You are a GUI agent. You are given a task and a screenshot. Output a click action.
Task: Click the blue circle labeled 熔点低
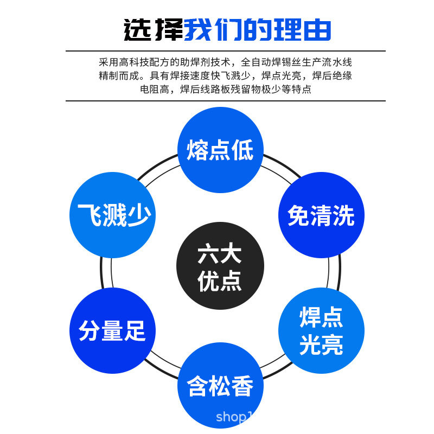coord(220,150)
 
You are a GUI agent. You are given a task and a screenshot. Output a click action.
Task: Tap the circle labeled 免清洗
coord(321,215)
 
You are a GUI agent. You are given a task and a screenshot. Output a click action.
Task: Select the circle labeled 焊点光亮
coord(321,330)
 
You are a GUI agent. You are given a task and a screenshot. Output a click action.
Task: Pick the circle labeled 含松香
coord(220,386)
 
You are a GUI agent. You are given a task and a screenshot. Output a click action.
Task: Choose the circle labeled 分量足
coord(112,330)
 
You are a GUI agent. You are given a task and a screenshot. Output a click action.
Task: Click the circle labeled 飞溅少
coord(113,215)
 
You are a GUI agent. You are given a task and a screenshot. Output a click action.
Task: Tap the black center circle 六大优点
coord(220,266)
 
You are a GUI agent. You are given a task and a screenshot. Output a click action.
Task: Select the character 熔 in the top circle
coord(198,150)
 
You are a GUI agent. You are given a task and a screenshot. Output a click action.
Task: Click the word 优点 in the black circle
coord(220,282)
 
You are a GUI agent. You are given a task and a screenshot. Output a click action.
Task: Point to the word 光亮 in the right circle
coord(321,344)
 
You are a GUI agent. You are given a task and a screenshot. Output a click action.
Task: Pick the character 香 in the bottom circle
coord(242,387)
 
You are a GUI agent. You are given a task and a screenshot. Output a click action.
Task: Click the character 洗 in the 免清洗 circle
coord(343,216)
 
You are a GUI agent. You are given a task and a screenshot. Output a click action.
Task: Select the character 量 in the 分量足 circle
coord(112,331)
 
